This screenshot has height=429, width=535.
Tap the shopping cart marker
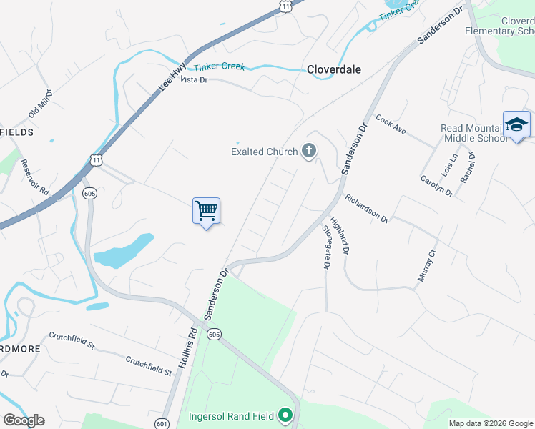click(206, 212)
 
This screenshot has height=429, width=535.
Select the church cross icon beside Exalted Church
click(309, 151)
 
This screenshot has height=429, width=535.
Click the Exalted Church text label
click(264, 152)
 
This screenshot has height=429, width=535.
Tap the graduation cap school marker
click(516, 124)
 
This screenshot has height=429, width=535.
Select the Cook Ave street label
click(391, 125)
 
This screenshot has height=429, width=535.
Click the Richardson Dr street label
click(366, 208)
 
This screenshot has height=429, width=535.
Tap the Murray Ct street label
click(427, 265)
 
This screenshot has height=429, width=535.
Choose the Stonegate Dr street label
click(326, 247)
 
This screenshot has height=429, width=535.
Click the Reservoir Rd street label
click(34, 177)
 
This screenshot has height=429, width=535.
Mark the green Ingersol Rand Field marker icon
click(285, 415)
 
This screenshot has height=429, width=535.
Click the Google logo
click(24, 420)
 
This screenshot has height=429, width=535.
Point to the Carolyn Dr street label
click(436, 186)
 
